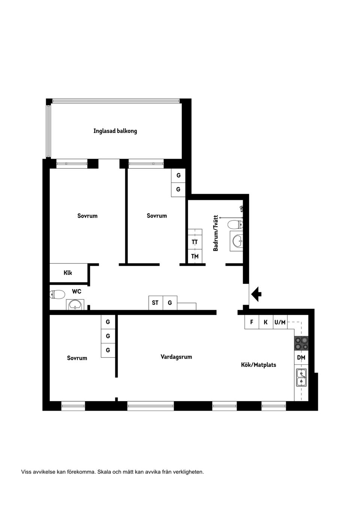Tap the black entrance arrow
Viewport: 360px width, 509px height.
[x=256, y=294]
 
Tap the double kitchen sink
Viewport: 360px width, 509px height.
[x=301, y=377]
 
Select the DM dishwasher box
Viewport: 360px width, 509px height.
[x=301, y=358]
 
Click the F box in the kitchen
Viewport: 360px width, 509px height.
[x=252, y=322]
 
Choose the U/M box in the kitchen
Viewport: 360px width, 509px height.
[x=280, y=322]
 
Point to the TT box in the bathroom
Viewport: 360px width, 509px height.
[x=195, y=242]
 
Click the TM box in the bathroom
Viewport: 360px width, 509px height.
[x=195, y=256]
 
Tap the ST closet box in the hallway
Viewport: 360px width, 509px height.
[x=155, y=302]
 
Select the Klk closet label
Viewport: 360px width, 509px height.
[x=68, y=273]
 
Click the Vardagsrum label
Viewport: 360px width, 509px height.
[x=176, y=357]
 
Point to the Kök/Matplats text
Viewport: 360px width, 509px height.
[x=258, y=365]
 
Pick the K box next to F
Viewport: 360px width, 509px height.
[x=266, y=322]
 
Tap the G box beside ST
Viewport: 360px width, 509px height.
[x=170, y=302]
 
